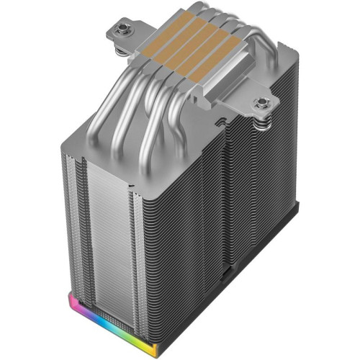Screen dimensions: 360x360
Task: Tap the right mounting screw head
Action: click(263, 101)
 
